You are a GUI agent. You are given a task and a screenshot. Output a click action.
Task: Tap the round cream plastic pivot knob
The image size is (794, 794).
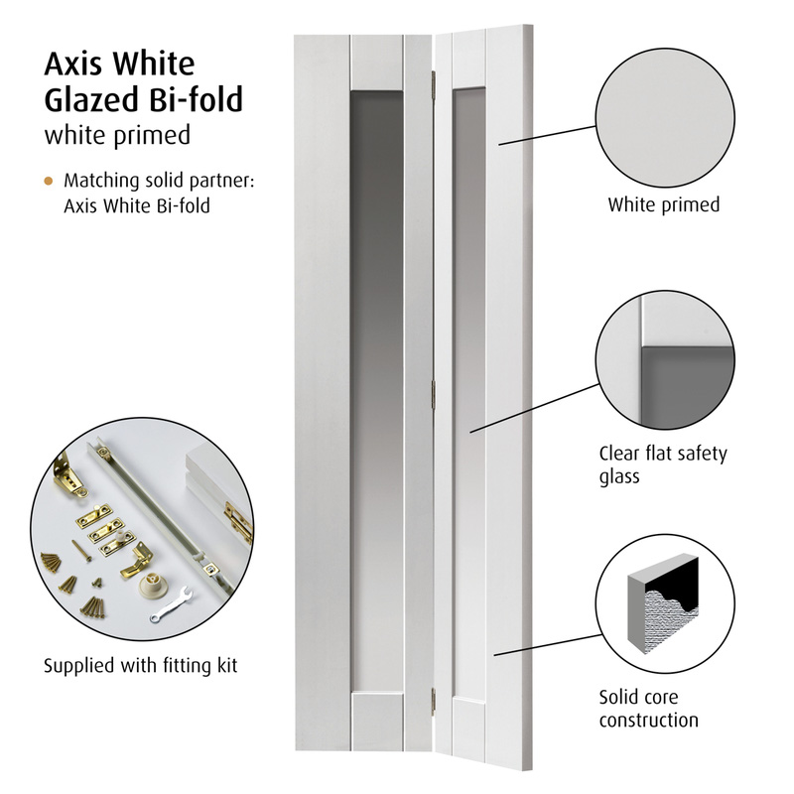pos(156,584)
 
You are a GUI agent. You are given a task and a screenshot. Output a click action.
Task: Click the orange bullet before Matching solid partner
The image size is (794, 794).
pos(49,182)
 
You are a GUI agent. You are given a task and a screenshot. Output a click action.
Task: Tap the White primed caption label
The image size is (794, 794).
pos(663,205)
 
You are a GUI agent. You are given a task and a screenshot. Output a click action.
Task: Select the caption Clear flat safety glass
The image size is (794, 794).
pos(663,465)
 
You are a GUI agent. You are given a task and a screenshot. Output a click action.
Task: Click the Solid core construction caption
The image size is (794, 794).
pos(649,709)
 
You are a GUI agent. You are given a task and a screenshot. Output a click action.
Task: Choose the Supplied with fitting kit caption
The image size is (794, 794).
pos(141,664)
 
